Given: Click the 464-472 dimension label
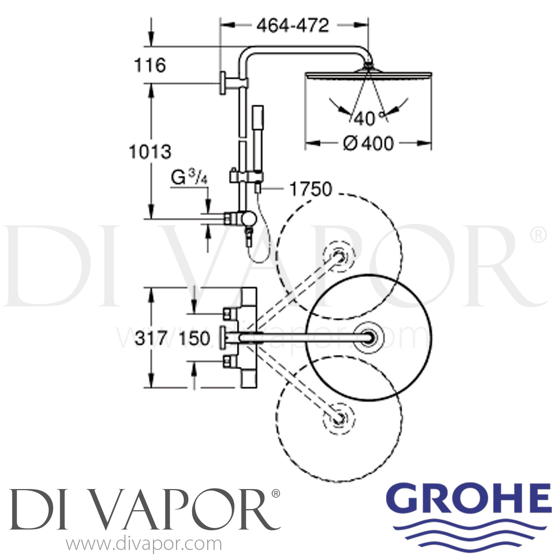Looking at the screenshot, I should pos(293,25).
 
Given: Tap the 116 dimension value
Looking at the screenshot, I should pos(150,65).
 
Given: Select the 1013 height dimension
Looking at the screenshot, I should pos(150,152).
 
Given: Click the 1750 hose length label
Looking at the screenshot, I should pos(310,189).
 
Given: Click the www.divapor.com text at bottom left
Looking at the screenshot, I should pos(144,544).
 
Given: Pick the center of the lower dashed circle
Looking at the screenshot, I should pos(338,418).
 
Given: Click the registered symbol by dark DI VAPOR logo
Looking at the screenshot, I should pos(276,493).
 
